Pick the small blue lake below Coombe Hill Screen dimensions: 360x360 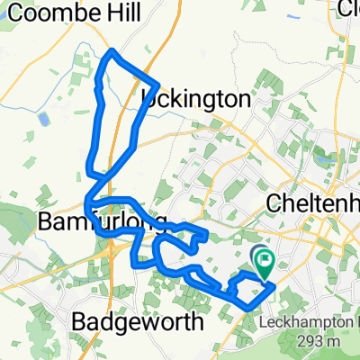coord(42,119)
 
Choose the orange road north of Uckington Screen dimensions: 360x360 coord(163,45)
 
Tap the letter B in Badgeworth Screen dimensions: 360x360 coord(77,321)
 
